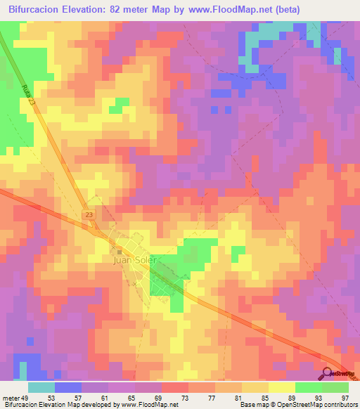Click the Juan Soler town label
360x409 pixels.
click(138, 259)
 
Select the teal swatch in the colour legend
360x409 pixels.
click(41, 387)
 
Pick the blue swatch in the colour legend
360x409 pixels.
click(68, 387)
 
